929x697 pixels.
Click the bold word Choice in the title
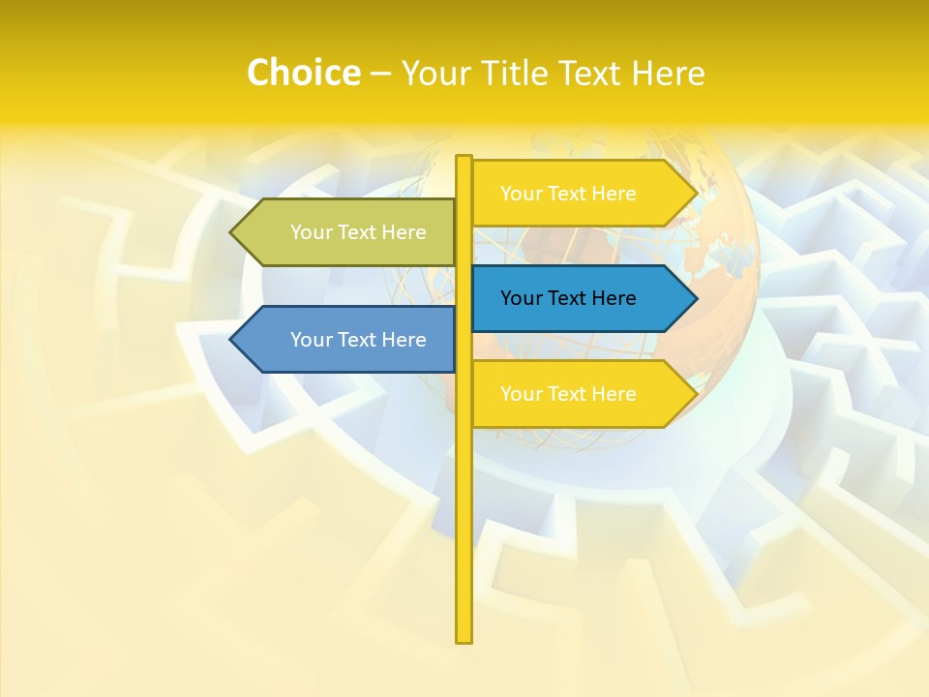[303, 73]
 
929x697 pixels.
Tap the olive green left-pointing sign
[348, 232]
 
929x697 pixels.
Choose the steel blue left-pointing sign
[348, 340]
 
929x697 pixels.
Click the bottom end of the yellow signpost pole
[464, 639]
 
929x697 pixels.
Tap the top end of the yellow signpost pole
[464, 158]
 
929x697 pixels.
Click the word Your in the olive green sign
[312, 232]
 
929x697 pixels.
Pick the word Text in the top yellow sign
[568, 194]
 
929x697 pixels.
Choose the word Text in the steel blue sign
[358, 340]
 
